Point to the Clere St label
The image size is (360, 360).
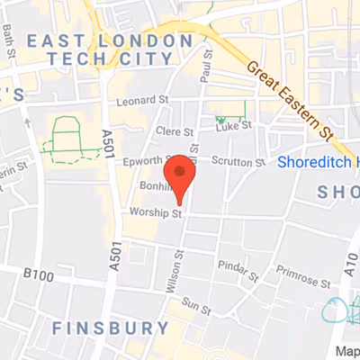[x=174, y=132]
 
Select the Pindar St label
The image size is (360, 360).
[x=238, y=267]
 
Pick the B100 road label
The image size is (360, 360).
[x=39, y=272]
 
